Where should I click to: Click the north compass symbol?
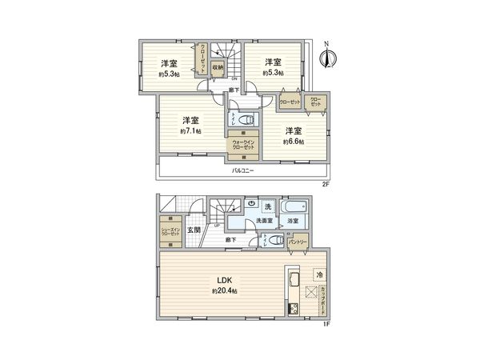point(326,55)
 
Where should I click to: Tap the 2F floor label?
point(327,183)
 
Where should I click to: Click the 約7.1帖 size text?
point(190,130)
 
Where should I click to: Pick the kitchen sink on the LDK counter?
point(291,282)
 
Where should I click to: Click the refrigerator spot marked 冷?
point(318,274)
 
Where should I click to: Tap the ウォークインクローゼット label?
point(243,145)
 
